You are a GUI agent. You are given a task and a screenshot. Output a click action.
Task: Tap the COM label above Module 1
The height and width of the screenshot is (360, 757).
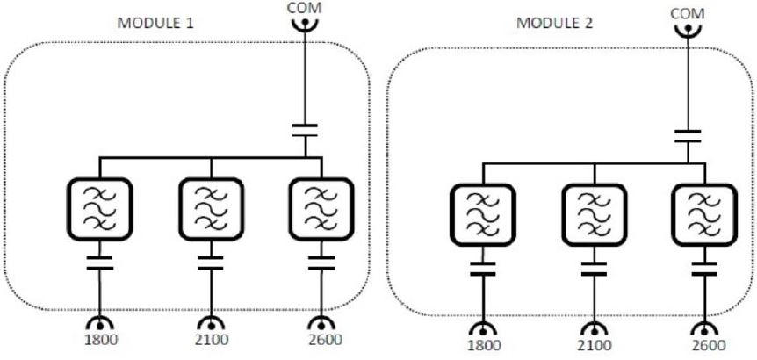(305, 7)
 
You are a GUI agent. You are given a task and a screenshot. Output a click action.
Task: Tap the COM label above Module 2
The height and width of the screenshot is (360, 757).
(688, 14)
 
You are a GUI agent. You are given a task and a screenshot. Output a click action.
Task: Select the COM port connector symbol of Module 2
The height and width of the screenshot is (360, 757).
(688, 32)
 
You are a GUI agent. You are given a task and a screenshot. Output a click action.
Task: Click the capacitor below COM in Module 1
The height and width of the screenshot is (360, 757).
(305, 131)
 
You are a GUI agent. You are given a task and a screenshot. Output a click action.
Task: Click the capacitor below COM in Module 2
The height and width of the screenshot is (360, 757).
(688, 136)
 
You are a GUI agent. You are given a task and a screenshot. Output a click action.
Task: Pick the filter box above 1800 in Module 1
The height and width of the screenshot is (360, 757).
(99, 210)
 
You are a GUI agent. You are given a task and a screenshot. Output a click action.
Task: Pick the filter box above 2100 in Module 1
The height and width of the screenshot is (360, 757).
(211, 210)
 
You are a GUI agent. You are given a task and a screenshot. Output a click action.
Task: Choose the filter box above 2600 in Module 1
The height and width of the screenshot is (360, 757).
(321, 210)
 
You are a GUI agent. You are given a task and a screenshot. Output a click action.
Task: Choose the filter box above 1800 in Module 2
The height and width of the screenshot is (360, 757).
(483, 216)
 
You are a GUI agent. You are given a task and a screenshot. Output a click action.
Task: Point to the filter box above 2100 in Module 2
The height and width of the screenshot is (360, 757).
(594, 216)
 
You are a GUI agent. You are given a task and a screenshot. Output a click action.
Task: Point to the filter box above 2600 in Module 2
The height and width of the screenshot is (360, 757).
(704, 216)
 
